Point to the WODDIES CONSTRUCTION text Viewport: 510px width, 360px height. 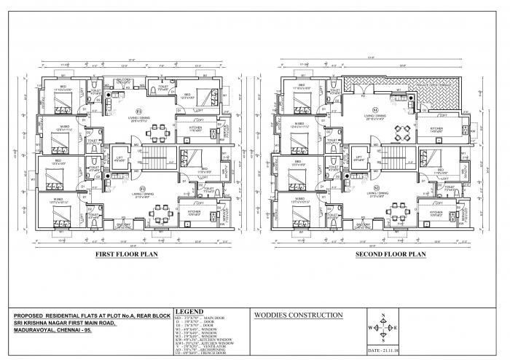pyautogui.click(x=295, y=316)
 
